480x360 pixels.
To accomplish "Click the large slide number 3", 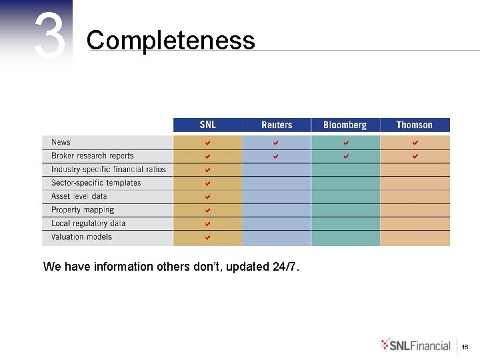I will coord(50,36).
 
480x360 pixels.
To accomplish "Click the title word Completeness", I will coord(170,41).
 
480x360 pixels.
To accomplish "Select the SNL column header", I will coord(207,125).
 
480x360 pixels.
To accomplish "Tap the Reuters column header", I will coord(277,125).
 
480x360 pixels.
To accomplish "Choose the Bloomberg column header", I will coord(345,125).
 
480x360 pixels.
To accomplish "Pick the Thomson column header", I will coord(414,125).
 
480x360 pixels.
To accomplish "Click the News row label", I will coord(61,142).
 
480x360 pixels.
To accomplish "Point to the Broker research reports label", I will coord(93,156).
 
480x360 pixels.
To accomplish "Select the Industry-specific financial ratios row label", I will coord(109,169).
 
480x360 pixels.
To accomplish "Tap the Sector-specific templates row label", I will coord(96,183).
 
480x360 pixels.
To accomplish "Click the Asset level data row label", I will coord(79,197).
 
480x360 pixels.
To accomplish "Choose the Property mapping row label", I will coord(83,210).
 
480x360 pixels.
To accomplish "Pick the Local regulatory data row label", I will coord(88,223).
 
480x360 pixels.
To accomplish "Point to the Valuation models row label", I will coord(81,237).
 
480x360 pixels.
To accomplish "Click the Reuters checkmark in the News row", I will coord(276,143).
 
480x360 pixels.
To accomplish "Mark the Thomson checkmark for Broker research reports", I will coord(415,156).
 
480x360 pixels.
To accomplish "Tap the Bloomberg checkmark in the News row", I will coord(345,143).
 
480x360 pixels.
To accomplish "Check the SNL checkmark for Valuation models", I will coord(207,237).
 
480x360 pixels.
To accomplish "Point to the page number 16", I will coord(465,347).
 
